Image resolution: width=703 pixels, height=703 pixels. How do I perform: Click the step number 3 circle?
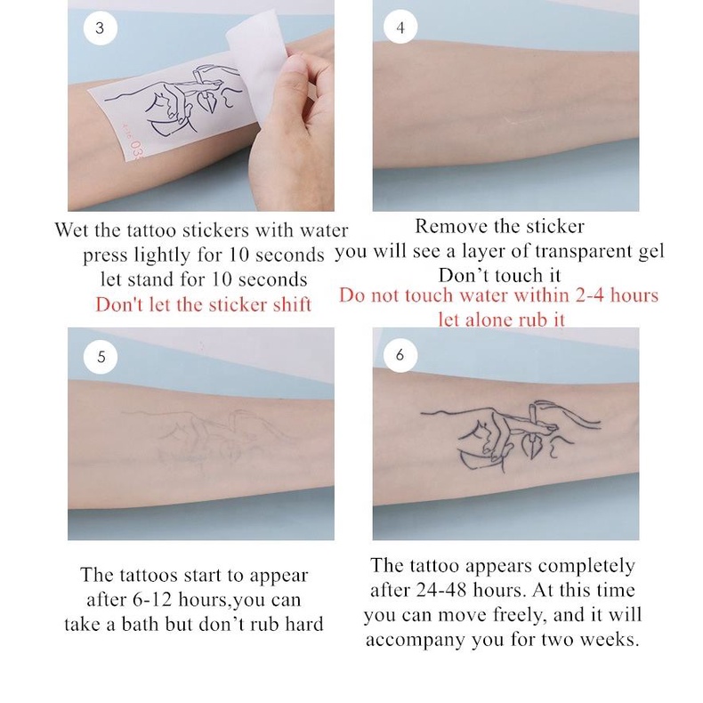pyautogui.click(x=100, y=28)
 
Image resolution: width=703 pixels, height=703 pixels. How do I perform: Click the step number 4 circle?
pyautogui.click(x=400, y=28)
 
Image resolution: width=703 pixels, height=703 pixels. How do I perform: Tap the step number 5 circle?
pyautogui.click(x=101, y=357)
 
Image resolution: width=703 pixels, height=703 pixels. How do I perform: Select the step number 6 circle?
pyautogui.click(x=400, y=355)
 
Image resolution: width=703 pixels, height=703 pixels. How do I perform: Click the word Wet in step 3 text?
pyautogui.click(x=72, y=230)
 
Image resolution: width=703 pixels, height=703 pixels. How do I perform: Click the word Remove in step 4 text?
pyautogui.click(x=449, y=226)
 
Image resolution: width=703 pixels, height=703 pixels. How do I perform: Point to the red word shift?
pyautogui.click(x=292, y=304)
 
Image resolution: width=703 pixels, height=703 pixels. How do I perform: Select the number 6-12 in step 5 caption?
pyautogui.click(x=152, y=600)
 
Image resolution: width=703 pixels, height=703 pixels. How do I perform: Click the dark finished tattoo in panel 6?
pyautogui.click(x=510, y=436)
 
